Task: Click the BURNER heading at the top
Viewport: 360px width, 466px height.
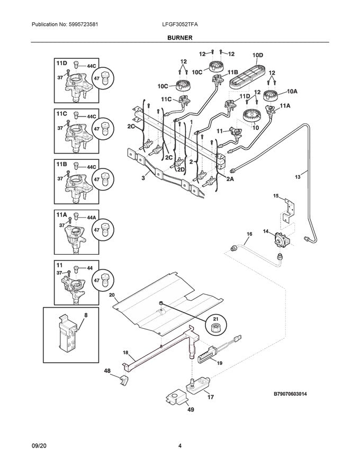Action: click(181, 38)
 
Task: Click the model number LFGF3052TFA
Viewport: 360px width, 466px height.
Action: click(180, 25)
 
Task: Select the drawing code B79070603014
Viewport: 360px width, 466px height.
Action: click(298, 394)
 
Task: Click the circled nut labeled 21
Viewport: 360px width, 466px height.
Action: click(216, 329)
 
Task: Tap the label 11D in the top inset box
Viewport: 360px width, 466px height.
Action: click(62, 63)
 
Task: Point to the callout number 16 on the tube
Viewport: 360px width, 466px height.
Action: click(249, 234)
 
